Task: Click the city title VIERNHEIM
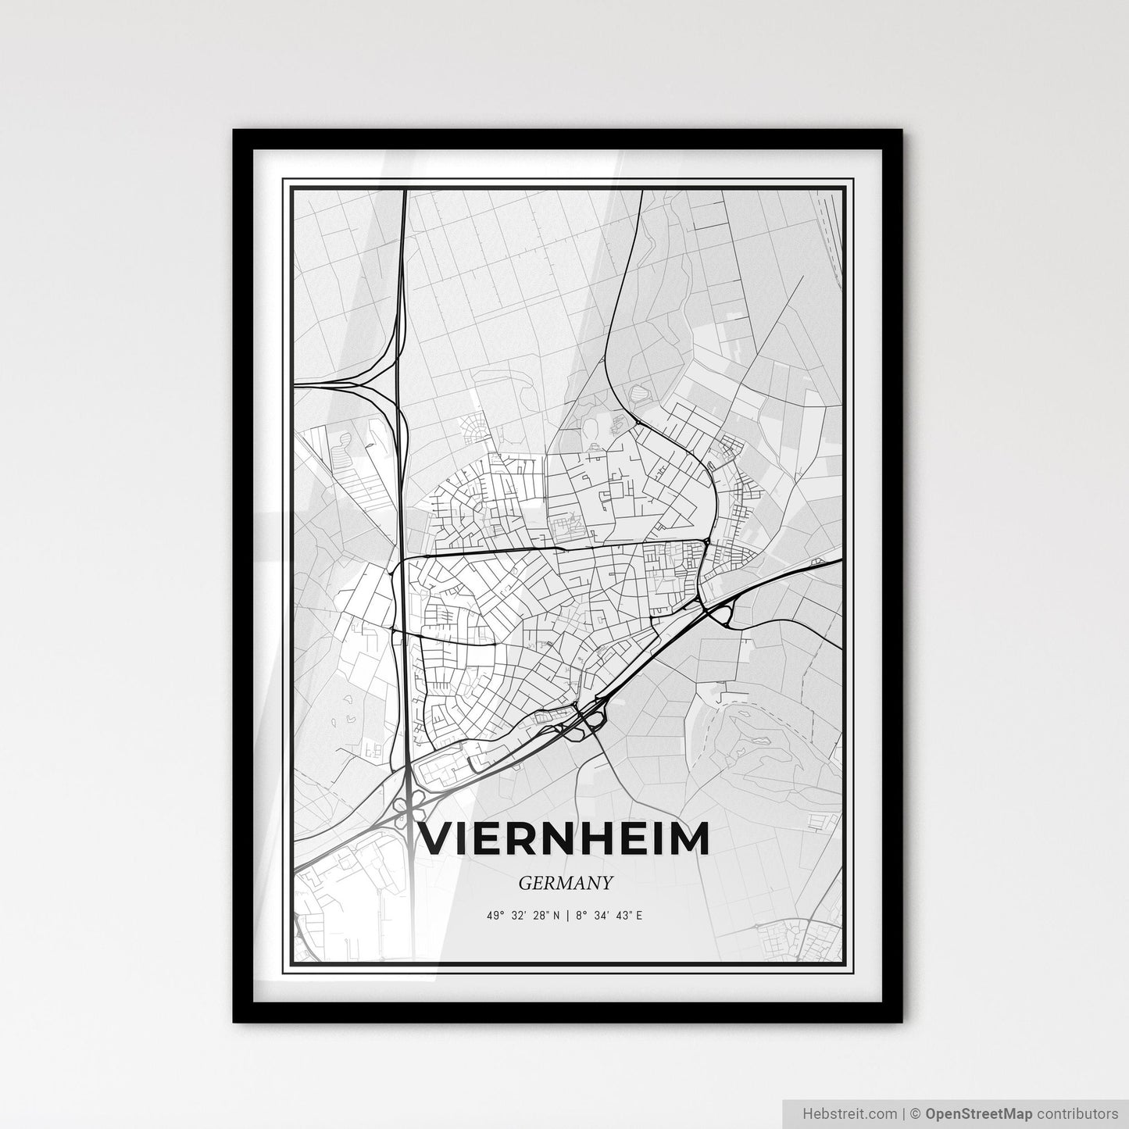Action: click(x=565, y=838)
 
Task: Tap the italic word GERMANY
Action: click(x=564, y=883)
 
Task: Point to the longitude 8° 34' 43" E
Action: click(x=609, y=915)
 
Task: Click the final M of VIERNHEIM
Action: click(x=691, y=838)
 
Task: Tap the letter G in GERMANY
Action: click(x=524, y=883)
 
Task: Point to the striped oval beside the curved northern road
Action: click(x=644, y=391)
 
